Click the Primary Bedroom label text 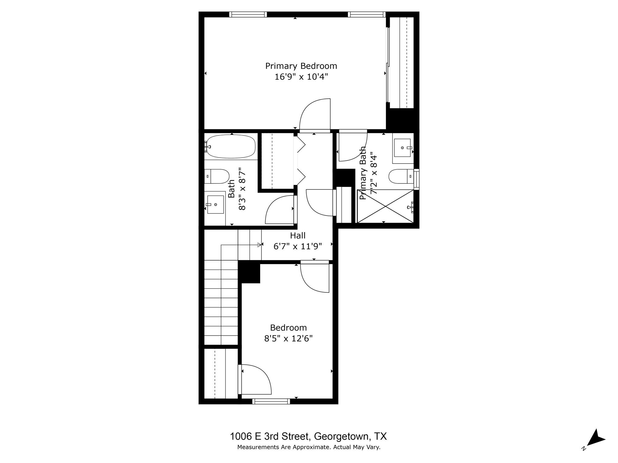point(301,66)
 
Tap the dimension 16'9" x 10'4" point(301,77)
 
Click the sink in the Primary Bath point(403,148)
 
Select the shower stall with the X point(385,206)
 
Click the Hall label point(298,235)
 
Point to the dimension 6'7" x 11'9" point(298,247)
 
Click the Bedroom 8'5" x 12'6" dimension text point(288,339)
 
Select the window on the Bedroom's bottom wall point(271,401)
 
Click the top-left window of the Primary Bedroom point(248,14)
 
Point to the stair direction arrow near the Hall point(259,245)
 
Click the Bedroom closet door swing point(255,379)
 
